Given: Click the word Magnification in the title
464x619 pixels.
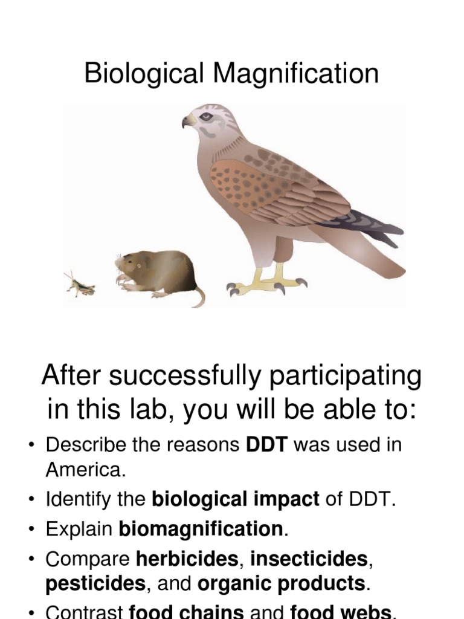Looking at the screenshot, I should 296,74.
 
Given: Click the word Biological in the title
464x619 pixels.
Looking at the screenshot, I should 146,74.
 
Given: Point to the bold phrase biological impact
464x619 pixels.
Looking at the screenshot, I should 235,500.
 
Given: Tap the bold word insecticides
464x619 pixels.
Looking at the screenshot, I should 308,559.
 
